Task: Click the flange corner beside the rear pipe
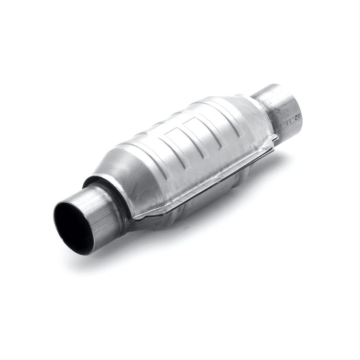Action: (x=275, y=138)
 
